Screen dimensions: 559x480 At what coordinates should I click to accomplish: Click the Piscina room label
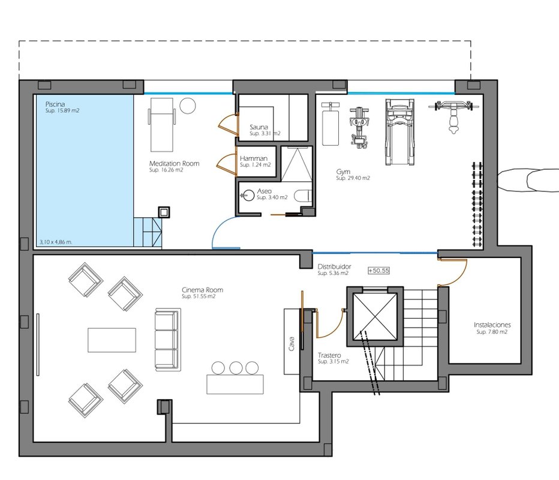[x=55, y=104]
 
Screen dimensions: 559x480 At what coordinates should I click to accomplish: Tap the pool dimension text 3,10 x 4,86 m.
[x=56, y=242]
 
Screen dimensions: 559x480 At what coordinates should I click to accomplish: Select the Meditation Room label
[x=174, y=163]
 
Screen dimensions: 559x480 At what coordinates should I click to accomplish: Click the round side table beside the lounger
[x=188, y=106]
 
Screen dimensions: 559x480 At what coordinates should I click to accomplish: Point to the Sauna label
[x=259, y=127]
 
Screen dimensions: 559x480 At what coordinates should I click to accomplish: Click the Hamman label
[x=254, y=158]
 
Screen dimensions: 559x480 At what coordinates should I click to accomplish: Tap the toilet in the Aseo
[x=303, y=196]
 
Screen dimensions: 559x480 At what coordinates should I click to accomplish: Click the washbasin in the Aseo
[x=247, y=196]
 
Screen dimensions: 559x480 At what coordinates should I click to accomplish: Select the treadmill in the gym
[x=400, y=133]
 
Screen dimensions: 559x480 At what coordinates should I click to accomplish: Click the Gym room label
[x=343, y=172]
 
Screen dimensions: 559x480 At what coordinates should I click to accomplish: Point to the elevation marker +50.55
[x=378, y=271]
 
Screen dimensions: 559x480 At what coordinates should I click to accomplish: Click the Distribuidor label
[x=335, y=266]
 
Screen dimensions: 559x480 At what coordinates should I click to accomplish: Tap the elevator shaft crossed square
[x=375, y=316]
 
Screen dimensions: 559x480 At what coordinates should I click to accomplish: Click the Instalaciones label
[x=492, y=325]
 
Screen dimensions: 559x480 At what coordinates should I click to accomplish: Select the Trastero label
[x=329, y=355]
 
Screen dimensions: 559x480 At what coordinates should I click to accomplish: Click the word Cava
[x=291, y=344]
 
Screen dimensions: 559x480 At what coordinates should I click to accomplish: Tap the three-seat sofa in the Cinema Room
[x=167, y=340]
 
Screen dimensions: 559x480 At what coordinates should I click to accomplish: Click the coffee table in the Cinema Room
[x=112, y=340]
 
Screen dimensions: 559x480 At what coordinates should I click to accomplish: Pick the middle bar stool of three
[x=236, y=368]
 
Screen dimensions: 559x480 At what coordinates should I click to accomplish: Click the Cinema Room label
[x=203, y=290]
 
